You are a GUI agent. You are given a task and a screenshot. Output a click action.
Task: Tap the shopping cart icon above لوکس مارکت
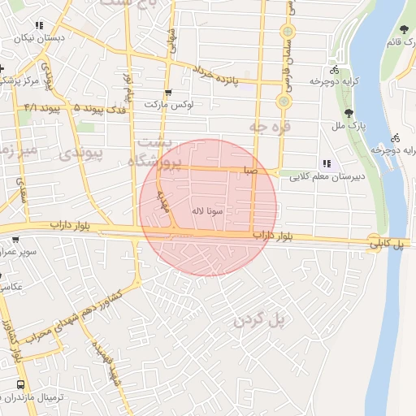[168, 93]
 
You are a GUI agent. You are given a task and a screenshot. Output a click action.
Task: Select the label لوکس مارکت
[167, 105]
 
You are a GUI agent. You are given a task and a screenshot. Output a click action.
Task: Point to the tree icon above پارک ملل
[349, 113]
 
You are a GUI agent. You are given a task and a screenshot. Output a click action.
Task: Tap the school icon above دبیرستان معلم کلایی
[327, 162]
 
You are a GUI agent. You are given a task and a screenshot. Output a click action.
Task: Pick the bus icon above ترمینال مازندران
[20, 384]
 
